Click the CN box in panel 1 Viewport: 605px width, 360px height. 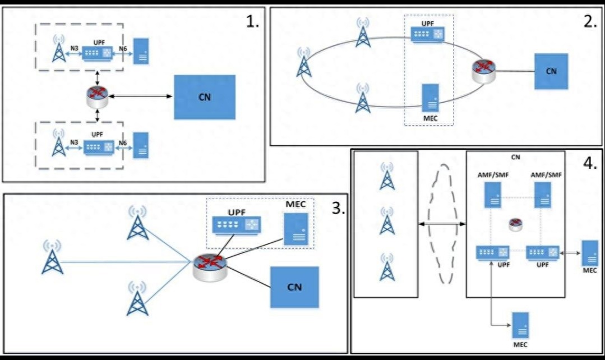pyautogui.click(x=205, y=96)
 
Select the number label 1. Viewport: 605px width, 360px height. pyautogui.click(x=253, y=22)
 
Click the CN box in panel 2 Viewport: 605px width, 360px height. pyautogui.click(x=551, y=71)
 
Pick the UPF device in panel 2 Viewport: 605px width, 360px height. pyautogui.click(x=427, y=34)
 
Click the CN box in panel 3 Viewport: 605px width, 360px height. pyautogui.click(x=294, y=287)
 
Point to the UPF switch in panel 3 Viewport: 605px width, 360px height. pyautogui.click(x=237, y=225)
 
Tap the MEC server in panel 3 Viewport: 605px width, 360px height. pyautogui.click(x=295, y=229)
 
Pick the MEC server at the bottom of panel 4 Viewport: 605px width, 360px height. pyautogui.click(x=520, y=324)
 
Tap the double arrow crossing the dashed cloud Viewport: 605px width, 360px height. pyautogui.click(x=442, y=224)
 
